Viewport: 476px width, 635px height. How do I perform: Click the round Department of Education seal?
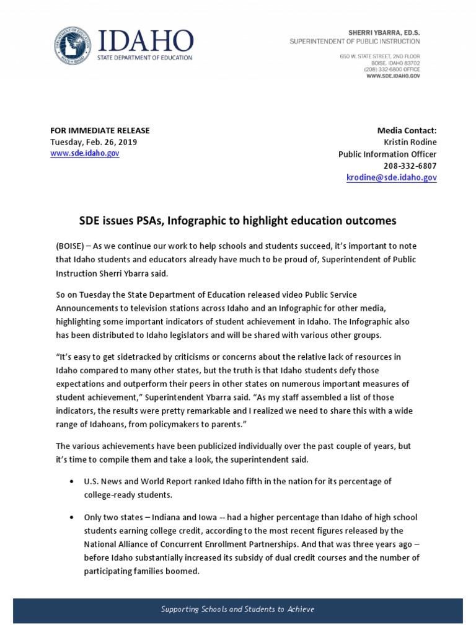pyautogui.click(x=72, y=45)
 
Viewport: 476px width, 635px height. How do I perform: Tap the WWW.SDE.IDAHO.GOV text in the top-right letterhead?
pyautogui.click(x=392, y=75)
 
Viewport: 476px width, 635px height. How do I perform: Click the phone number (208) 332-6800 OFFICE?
pyautogui.click(x=392, y=69)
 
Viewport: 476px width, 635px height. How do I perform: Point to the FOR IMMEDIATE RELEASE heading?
pyautogui.click(x=100, y=130)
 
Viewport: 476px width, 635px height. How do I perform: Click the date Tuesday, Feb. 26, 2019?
pyautogui.click(x=94, y=142)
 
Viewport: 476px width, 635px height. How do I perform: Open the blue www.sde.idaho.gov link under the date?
pyautogui.click(x=85, y=153)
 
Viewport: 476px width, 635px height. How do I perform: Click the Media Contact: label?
pyautogui.click(x=407, y=130)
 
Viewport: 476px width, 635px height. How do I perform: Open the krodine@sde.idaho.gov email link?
pyautogui.click(x=391, y=177)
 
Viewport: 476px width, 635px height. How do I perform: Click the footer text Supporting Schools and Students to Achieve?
pyautogui.click(x=237, y=609)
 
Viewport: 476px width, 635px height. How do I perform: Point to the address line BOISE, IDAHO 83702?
pyautogui.click(x=397, y=63)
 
